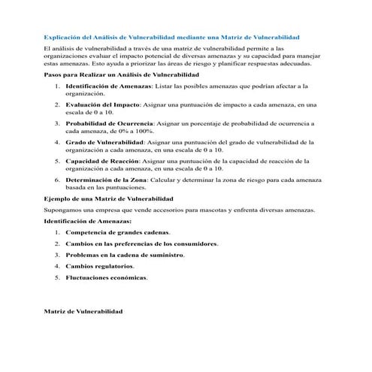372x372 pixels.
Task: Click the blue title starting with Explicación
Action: (x=171, y=37)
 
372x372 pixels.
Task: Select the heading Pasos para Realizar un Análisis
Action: (x=121, y=76)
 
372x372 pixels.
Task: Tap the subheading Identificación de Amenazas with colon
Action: (x=87, y=222)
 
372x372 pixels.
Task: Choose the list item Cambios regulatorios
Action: (x=100, y=266)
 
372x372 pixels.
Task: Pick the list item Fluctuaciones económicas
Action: (x=106, y=277)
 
